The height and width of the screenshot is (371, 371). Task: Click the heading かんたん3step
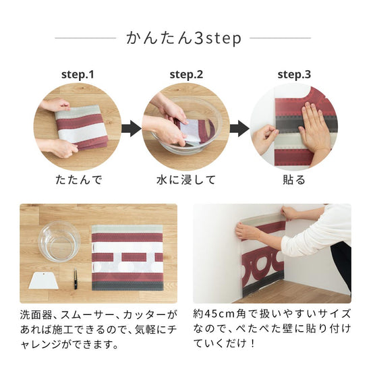pos(183,38)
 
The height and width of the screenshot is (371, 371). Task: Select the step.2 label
pos(185,74)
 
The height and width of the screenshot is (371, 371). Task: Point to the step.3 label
pos(294,74)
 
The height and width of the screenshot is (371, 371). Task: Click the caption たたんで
pos(77,180)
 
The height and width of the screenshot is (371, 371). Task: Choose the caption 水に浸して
pos(186,180)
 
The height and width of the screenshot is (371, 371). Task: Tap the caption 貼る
pos(293,180)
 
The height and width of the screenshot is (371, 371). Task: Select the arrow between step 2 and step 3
pos(239,127)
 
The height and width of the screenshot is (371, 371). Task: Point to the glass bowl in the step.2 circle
pos(189,132)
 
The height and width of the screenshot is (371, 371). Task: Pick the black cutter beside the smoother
pos(76,279)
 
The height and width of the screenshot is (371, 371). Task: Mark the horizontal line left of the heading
pos(85,38)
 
